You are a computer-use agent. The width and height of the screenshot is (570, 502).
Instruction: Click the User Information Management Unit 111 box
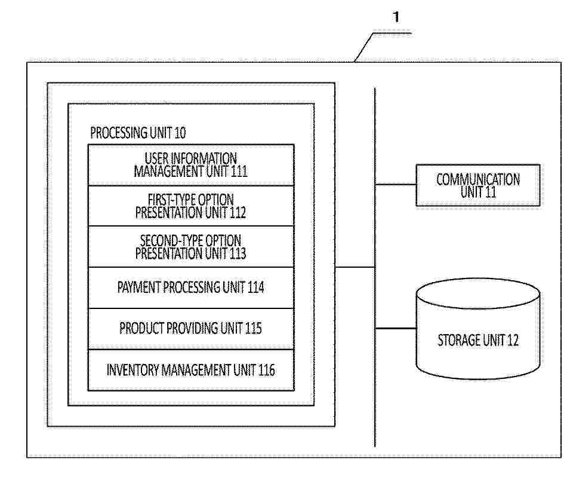tap(191, 165)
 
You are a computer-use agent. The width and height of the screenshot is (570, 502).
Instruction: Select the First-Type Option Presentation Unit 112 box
tap(191, 206)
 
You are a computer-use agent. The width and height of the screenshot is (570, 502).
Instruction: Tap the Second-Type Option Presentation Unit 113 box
tap(191, 247)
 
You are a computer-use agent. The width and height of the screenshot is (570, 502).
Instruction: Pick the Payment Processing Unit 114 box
tap(191, 288)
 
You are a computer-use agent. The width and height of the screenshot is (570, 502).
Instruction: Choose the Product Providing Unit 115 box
tap(191, 329)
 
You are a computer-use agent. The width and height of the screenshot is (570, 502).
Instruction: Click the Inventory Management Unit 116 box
tap(191, 370)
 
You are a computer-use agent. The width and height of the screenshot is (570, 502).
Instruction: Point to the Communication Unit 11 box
tap(478, 185)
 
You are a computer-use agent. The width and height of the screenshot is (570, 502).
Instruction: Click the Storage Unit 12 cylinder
tap(478, 329)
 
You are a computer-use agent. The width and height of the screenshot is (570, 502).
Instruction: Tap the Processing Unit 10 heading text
tap(138, 133)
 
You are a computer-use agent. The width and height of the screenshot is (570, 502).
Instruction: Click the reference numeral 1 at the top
tap(396, 17)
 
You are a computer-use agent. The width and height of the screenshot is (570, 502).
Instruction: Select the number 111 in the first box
tap(239, 171)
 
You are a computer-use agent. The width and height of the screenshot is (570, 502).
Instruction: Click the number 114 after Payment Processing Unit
tap(255, 287)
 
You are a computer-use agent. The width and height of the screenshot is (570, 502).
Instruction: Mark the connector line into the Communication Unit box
tap(396, 185)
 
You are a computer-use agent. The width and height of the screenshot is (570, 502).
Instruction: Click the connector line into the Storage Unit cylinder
tap(396, 328)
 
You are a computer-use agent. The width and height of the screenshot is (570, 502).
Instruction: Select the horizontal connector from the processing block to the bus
tap(355, 267)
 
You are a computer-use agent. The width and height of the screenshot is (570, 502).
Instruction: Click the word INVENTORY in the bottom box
tap(133, 370)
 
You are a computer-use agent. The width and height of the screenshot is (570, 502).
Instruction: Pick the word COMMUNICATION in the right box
tap(478, 179)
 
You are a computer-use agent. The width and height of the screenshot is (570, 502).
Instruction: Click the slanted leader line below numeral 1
tap(364, 47)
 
